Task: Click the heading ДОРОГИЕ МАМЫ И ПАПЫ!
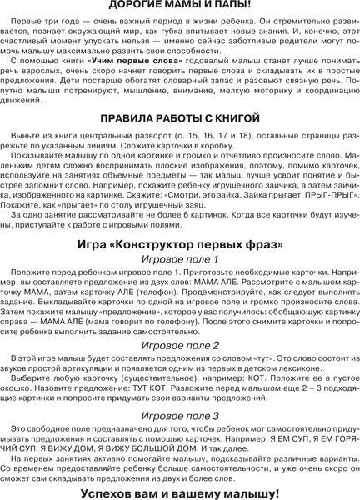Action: tap(180, 7)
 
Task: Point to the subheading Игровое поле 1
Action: tap(180, 260)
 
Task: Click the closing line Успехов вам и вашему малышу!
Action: tap(180, 492)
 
